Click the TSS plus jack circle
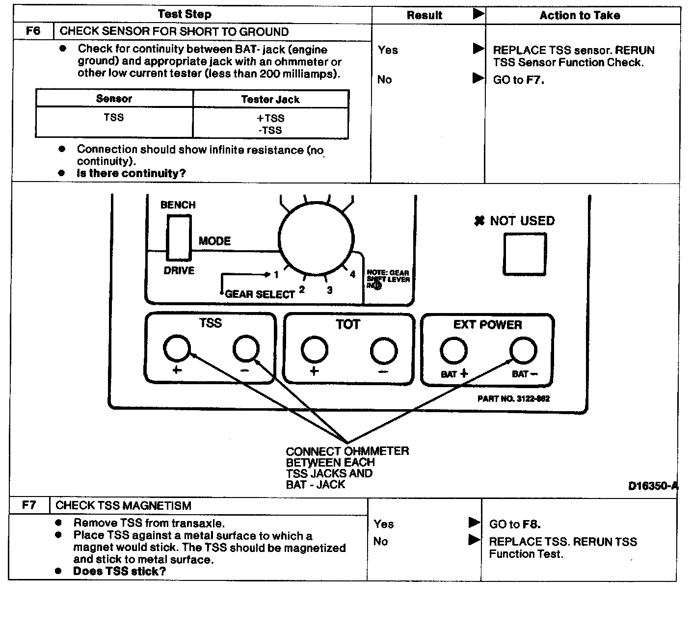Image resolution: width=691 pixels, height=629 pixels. [x=177, y=348]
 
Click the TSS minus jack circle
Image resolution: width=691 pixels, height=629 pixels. [x=245, y=348]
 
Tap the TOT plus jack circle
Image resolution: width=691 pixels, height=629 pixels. [x=315, y=350]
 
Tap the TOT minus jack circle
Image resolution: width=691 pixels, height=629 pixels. [x=383, y=350]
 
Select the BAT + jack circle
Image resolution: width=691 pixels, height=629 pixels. [x=453, y=350]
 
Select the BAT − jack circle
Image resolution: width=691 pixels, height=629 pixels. [x=523, y=350]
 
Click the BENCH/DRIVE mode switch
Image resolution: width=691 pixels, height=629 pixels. [x=178, y=238]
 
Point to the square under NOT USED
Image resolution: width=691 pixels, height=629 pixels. [x=524, y=254]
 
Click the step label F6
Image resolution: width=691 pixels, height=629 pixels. [x=33, y=31]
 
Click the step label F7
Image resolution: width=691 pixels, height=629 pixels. [x=29, y=505]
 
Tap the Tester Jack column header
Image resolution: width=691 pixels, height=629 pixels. [x=270, y=99]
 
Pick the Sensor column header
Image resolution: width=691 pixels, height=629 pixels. [x=114, y=99]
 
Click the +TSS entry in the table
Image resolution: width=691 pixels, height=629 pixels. [x=270, y=118]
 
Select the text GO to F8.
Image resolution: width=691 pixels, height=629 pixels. [x=515, y=524]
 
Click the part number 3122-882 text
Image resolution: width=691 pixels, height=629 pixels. [x=513, y=398]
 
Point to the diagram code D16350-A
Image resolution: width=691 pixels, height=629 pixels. [x=653, y=486]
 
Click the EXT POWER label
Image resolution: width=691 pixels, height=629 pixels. [x=487, y=325]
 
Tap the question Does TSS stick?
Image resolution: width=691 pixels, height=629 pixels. [x=119, y=571]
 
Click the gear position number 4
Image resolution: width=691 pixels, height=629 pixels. [x=352, y=274]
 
